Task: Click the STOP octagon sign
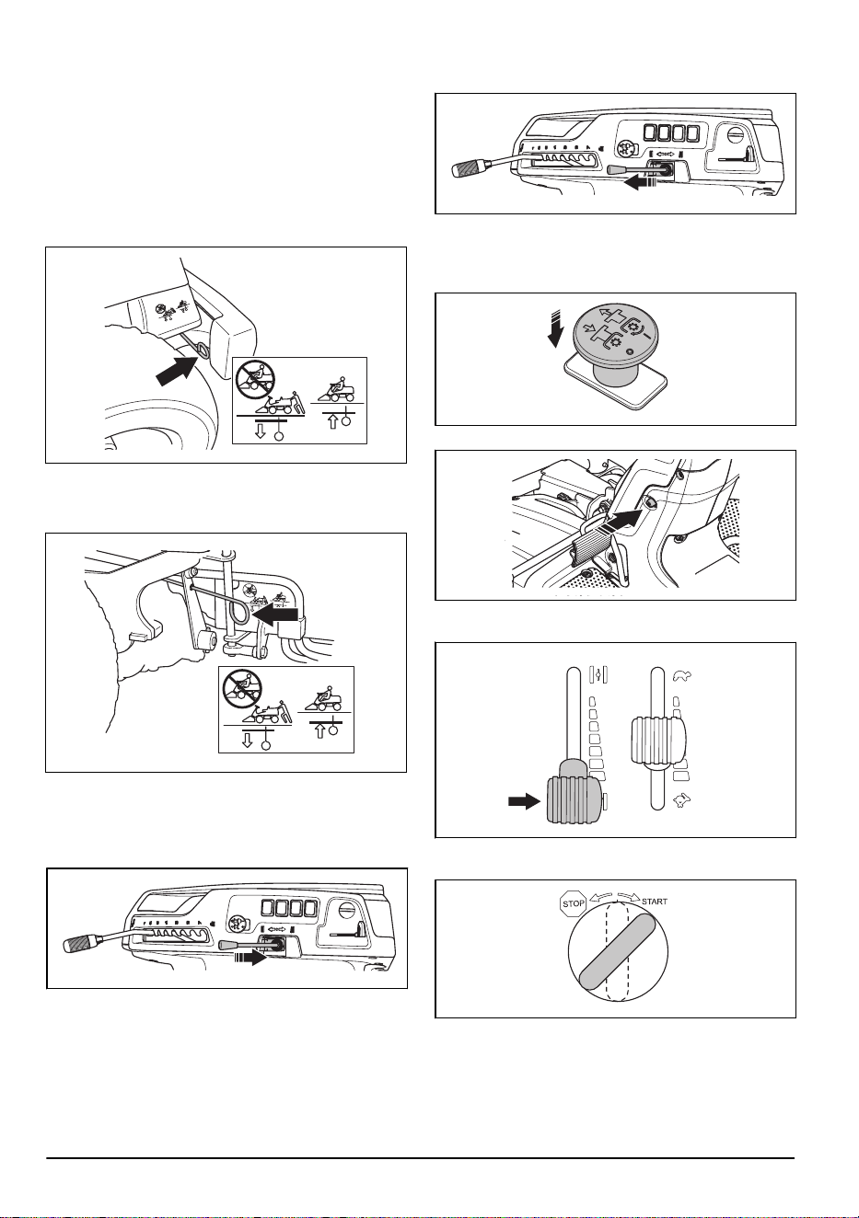[574, 903]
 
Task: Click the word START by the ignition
[655, 902]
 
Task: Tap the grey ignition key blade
[617, 952]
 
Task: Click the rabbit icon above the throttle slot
[681, 676]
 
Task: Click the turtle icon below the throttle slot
[680, 801]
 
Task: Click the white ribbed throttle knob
[657, 740]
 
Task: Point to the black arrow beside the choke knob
[524, 801]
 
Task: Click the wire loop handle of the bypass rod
[241, 613]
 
